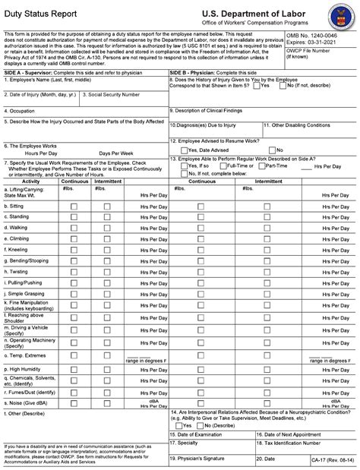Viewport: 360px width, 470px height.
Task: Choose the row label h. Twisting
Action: [19, 271]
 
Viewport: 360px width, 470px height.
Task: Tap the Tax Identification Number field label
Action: [297, 442]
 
